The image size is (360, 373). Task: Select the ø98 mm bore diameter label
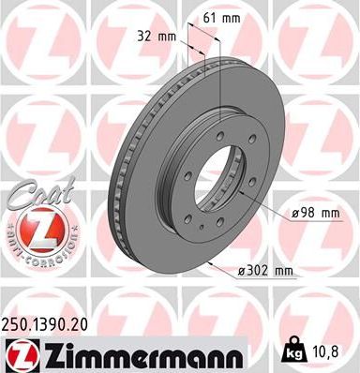point(314,213)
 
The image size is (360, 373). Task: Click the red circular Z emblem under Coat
point(37,228)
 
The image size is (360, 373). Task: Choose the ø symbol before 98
point(296,213)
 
